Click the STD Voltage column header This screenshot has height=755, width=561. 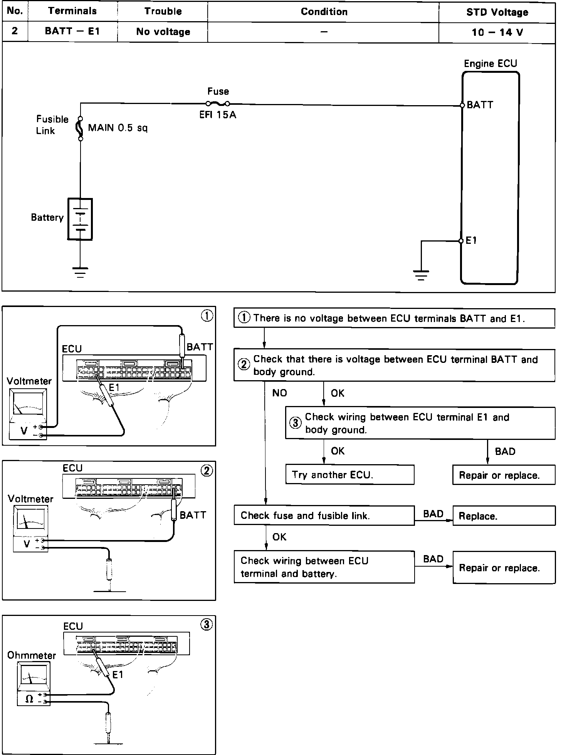497,12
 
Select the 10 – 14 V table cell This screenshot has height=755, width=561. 497,32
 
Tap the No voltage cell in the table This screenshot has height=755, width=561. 163,32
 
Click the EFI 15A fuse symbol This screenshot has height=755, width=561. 218,103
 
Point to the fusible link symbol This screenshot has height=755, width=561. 81,128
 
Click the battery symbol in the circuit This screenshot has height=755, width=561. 80,219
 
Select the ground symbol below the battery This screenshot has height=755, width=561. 80,272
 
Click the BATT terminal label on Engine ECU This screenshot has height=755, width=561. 480,105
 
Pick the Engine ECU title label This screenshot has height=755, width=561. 490,64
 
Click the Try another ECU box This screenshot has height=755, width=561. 350,475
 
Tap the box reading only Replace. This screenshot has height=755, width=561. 504,516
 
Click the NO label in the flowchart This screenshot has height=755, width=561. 279,393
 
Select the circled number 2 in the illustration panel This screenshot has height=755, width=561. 207,471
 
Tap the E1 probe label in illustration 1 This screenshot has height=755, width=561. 114,388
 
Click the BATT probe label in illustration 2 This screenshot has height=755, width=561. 193,515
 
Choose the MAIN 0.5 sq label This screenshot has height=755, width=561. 118,128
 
